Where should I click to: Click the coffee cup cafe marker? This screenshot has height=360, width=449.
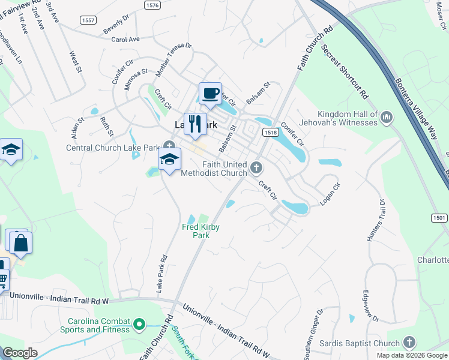210,94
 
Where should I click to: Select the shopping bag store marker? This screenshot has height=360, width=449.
21,243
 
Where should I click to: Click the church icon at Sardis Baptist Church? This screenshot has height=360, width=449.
409,343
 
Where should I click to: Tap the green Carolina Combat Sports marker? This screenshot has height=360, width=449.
139,325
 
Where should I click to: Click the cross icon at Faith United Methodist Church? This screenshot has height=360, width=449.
256,166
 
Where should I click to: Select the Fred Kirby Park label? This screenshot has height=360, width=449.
196,231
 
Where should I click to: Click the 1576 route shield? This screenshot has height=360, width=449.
153,5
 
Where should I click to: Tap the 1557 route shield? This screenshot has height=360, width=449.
88,20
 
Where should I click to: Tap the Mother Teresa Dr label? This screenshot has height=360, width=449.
173,59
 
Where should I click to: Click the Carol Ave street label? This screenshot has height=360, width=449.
125,39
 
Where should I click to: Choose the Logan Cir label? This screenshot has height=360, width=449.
330,194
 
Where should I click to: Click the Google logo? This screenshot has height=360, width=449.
19,353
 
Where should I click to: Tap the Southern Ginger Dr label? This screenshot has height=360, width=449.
313,332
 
